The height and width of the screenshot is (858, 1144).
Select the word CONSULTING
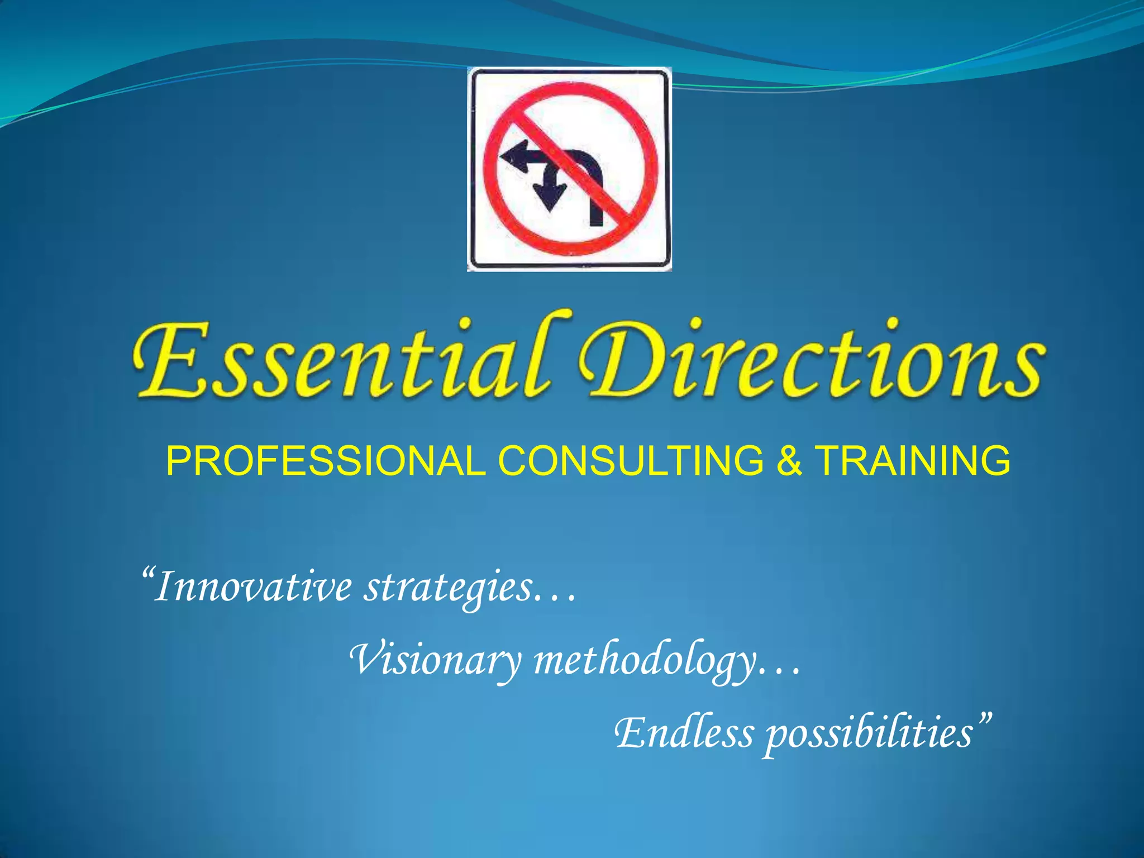point(631,461)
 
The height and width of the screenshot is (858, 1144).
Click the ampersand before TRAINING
point(789,461)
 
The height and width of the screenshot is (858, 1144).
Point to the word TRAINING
point(913,461)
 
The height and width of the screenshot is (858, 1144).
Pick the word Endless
point(684,733)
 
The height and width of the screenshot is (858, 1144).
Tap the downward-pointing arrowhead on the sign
point(550,198)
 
